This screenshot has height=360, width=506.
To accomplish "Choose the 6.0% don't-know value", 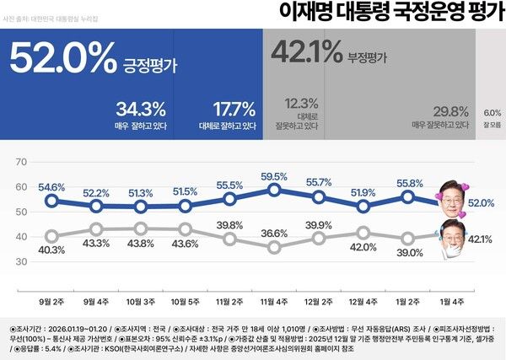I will click(492, 112).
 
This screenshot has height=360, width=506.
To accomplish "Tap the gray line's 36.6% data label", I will click(275, 234).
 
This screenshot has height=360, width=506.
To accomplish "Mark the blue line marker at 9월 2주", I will click(51, 201).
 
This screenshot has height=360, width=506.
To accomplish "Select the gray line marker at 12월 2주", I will click(320, 238).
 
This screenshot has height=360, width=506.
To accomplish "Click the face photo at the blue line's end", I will click(454, 193).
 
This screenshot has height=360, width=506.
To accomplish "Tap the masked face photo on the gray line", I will click(452, 240).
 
